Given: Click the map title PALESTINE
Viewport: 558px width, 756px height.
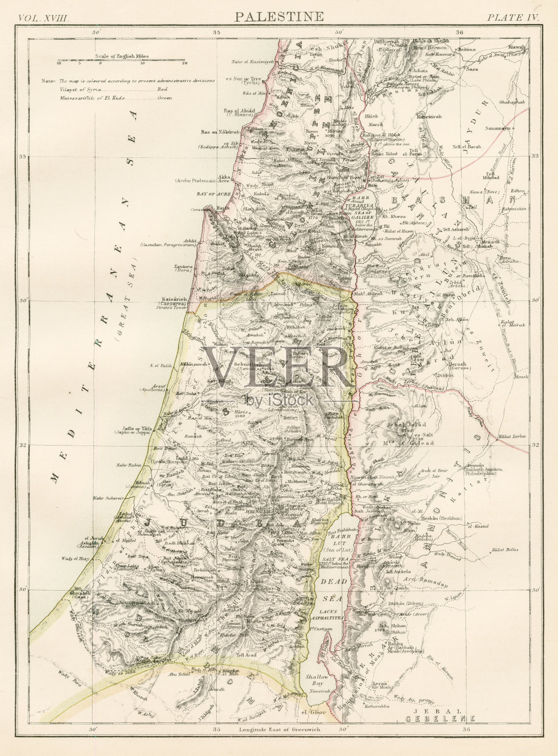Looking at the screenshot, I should coord(279,17).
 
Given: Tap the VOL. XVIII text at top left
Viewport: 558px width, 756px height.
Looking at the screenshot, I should coord(43,18).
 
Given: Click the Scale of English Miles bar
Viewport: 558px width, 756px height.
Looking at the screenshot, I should coord(122,60).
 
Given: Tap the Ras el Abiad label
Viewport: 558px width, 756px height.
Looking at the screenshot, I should coord(239,111).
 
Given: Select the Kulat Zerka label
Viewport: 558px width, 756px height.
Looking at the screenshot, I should coord(511,436).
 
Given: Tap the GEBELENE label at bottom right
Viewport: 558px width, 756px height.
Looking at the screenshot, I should coord(440,732).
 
